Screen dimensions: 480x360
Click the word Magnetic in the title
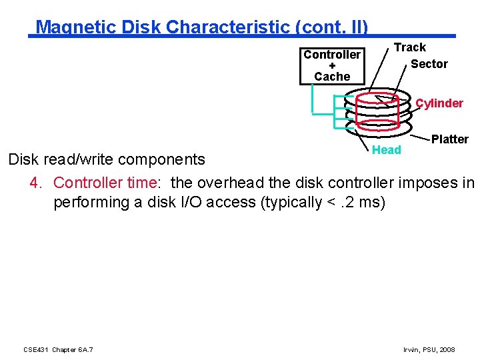pos(69,27)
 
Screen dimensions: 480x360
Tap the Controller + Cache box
pos(332,65)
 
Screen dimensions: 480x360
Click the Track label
pos(409,47)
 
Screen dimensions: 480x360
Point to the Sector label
pos(429,64)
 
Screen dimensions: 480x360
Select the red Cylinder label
pos(439,103)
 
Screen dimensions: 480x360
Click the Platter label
pos(449,139)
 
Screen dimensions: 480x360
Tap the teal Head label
pos(386,150)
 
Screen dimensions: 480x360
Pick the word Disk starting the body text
pos(23,160)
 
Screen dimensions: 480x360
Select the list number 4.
pos(36,183)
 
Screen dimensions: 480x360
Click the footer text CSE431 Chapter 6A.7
pos(58,349)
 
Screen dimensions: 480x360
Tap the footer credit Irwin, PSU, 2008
pos(429,349)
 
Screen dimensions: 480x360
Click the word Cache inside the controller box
pos(332,77)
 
